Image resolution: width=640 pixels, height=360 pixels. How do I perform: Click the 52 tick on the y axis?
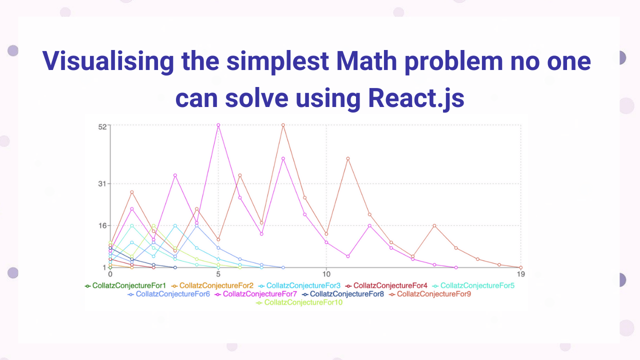[102, 126]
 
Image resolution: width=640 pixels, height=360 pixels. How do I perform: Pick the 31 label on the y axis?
[102, 183]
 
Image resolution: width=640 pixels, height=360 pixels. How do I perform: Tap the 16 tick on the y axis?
[102, 225]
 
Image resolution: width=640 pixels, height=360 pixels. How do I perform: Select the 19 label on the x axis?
[521, 274]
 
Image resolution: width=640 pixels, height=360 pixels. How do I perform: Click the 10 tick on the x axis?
[326, 274]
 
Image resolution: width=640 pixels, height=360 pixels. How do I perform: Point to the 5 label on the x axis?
[218, 274]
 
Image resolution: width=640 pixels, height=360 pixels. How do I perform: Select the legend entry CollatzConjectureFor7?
[260, 294]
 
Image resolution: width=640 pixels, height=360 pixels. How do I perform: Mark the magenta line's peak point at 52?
[218, 125]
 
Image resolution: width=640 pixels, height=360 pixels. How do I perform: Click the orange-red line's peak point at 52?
[283, 125]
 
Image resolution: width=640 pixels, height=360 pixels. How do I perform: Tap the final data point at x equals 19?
[521, 267]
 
